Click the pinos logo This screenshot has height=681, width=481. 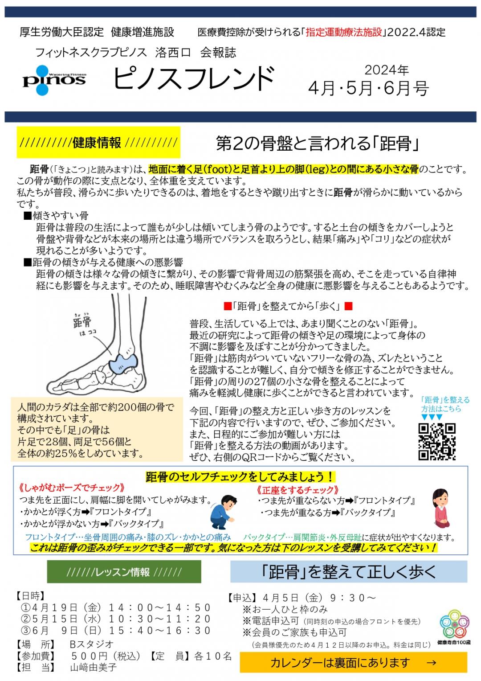coord(54,80)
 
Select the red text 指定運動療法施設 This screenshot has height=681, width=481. coord(344,32)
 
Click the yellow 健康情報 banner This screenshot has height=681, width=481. coord(98,142)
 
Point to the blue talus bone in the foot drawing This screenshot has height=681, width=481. coord(123,362)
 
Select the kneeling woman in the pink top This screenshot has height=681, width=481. coord(441,509)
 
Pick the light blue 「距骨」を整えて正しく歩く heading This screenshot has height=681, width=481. coord(349,572)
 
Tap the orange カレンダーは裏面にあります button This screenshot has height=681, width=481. coord(353,662)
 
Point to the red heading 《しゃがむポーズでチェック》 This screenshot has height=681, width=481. coord(71,488)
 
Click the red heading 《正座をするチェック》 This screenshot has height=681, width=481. coord(298,490)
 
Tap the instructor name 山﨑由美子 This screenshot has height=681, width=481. coord(93,668)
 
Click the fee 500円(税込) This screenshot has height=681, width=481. coord(106,656)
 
